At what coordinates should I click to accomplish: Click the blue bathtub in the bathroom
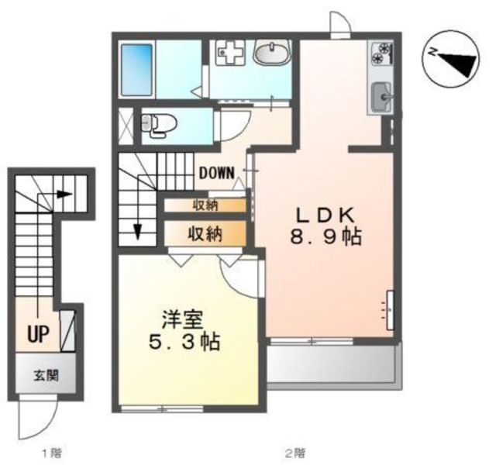[x=136, y=70]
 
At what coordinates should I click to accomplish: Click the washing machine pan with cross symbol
[x=231, y=53]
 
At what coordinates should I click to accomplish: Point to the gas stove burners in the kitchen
[x=382, y=53]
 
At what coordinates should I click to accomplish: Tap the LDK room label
[x=325, y=216]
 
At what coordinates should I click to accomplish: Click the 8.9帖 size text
[x=325, y=236]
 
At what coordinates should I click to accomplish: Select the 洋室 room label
[x=182, y=320]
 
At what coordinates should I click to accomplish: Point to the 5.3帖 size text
[x=184, y=342]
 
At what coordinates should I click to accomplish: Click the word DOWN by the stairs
[x=217, y=173]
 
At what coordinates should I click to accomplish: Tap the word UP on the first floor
[x=38, y=334]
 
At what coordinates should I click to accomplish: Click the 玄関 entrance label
[x=46, y=376]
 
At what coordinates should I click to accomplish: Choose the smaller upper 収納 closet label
[x=205, y=205]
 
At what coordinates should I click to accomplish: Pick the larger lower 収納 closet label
[x=205, y=234]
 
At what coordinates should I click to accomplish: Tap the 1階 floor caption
[x=52, y=453]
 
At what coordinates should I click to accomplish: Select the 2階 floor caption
[x=295, y=453]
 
